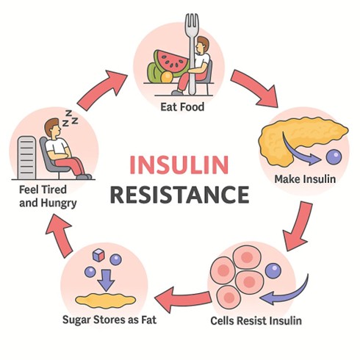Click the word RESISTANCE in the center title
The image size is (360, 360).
click(x=180, y=195)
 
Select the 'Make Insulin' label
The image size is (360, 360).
click(x=304, y=179)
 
